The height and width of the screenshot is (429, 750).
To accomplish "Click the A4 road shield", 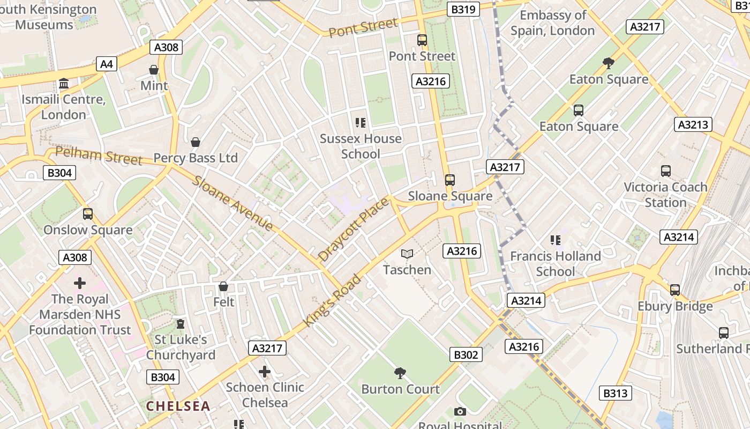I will pos(107,64).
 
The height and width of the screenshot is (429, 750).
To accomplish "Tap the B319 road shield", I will pos(463,9).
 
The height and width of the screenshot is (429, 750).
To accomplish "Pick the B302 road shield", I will pos(465,354).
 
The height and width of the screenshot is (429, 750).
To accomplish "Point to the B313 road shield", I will pos(615,393).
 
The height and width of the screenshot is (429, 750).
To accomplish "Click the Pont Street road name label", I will pos(363,27).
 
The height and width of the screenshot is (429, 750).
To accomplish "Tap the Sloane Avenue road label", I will pos(233,203).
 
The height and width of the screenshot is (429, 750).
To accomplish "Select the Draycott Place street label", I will pos(353,230).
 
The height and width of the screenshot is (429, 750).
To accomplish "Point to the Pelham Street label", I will pos(99,156).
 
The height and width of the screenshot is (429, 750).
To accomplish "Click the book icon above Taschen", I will pos(407,254).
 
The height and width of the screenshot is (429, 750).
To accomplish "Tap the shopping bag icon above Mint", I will pos(154,70).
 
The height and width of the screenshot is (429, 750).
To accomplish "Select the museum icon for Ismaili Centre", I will pos(64,84).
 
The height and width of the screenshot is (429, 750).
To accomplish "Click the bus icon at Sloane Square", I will pos(450,180).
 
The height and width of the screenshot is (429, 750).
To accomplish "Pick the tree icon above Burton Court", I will pos(400,373).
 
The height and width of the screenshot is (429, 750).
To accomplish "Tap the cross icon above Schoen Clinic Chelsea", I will pos(264,371).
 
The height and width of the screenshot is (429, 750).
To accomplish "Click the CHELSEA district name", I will pos(178,406).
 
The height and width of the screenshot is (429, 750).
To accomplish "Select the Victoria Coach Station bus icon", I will pos(665,171).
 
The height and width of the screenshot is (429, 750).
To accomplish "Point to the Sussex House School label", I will pos(361,146).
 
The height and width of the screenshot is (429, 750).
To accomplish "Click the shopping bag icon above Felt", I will pos(223,286).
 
